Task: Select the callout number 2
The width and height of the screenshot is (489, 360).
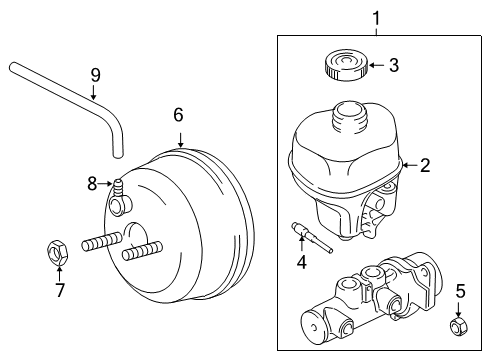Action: (425, 166)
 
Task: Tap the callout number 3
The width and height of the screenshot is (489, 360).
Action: (394, 67)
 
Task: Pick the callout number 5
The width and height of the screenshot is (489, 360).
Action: (460, 291)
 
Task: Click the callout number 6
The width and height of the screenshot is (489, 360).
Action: (179, 115)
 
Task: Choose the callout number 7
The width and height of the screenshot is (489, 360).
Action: (59, 291)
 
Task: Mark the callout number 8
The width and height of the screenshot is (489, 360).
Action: (91, 183)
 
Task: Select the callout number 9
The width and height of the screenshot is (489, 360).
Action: (95, 74)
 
